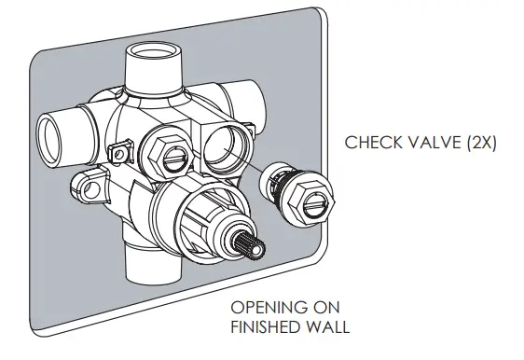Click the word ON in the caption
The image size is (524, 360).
(324, 308)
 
